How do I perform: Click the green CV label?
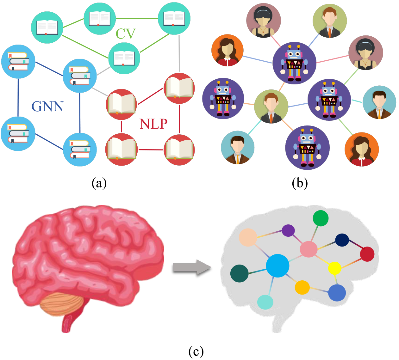tap(126, 34)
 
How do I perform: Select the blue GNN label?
tap(47, 107)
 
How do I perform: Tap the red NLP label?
tap(153, 124)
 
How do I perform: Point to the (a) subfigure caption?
tap(99, 183)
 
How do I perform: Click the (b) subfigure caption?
tap(300, 183)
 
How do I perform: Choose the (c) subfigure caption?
tap(196, 351)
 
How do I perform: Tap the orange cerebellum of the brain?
tap(62, 304)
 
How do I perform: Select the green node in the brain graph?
tap(321, 218)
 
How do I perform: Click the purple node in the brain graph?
tap(288, 231)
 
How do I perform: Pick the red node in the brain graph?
tap(367, 254)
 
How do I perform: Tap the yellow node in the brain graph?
tap(334, 268)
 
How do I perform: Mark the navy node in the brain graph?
tap(342, 240)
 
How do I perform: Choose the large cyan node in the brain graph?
tap(277, 266)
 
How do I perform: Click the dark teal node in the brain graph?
tap(240, 273)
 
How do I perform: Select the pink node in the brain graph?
tap(308, 249)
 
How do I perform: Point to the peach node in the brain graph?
tap(248, 237)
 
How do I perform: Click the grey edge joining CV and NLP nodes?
tap(179, 54)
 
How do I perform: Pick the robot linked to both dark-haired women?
tap(294, 63)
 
